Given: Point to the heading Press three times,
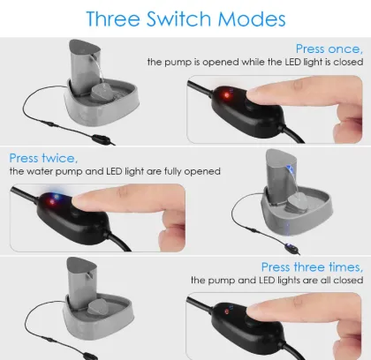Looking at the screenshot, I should [x=312, y=266].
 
